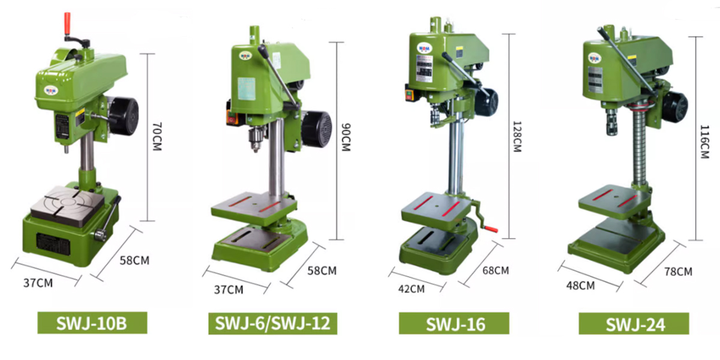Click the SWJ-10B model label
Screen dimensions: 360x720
tap(92, 323)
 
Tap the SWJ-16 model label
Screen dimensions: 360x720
tap(454, 323)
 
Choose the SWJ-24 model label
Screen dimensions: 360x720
tap(634, 323)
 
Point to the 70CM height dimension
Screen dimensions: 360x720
tap(157, 137)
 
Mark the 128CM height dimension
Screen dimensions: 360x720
tap(517, 136)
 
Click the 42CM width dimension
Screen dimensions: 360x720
tap(411, 289)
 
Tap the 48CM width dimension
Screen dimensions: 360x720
tap(580, 286)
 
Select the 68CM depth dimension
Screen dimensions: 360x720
tap(496, 271)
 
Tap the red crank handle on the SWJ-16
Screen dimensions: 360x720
tap(491, 229)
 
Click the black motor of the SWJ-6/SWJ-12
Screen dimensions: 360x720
tap(316, 129)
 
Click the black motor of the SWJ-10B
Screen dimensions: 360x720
tap(124, 116)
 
